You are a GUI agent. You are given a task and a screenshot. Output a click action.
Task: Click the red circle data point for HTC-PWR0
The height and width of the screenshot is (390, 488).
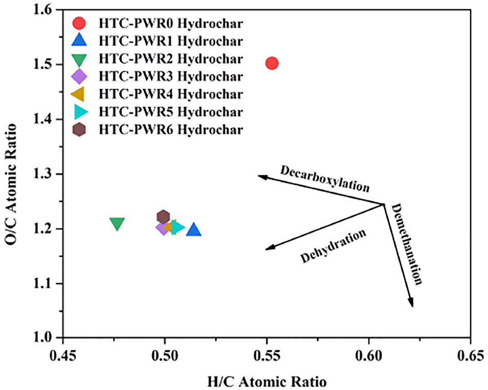(272, 63)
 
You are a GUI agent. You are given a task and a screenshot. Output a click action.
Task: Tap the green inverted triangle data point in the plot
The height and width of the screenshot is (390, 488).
(117, 224)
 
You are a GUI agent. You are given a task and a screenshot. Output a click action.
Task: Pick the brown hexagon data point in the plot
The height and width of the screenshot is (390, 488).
(164, 217)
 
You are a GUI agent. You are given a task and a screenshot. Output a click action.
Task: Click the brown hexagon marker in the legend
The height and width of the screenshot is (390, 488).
(79, 130)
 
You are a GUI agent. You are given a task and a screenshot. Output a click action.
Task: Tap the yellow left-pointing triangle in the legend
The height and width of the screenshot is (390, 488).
(78, 94)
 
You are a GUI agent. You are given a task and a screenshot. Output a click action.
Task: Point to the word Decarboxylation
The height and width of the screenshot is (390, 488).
(325, 178)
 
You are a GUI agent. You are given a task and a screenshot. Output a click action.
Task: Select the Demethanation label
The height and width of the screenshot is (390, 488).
(407, 244)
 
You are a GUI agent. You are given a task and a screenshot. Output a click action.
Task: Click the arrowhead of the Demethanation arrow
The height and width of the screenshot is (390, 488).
(411, 304)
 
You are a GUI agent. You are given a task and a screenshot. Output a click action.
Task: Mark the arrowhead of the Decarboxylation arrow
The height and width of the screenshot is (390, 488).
(261, 177)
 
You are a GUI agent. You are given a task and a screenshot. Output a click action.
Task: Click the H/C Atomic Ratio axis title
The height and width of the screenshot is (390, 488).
(267, 382)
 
